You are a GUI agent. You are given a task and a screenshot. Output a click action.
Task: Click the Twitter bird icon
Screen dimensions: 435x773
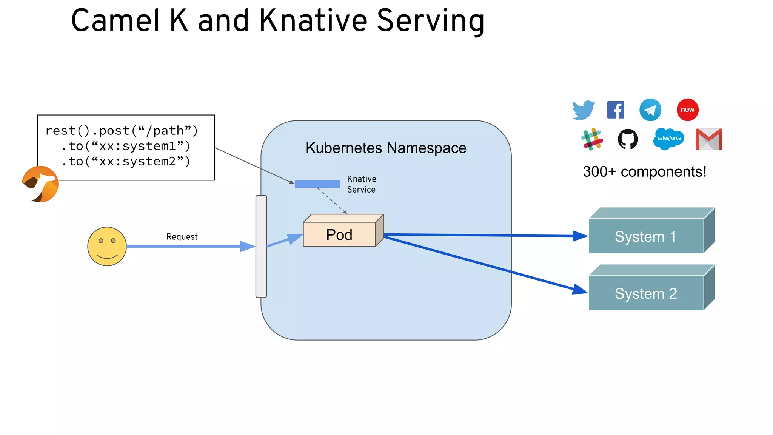pos(583,110)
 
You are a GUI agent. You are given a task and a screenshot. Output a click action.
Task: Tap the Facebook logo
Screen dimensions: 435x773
pos(616,110)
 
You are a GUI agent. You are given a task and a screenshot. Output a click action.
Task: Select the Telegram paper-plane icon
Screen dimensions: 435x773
pos(650,110)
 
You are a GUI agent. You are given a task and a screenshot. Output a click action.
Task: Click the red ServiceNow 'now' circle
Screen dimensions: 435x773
pos(687,110)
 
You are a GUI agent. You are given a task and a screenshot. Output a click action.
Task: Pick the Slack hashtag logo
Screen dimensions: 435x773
pos(592,139)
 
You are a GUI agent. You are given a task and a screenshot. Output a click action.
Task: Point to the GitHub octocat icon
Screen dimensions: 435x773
pos(628,139)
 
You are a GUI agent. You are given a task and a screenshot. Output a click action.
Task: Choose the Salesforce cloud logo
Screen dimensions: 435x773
pos(669,139)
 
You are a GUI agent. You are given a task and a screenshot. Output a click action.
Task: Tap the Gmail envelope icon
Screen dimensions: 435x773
pos(709,139)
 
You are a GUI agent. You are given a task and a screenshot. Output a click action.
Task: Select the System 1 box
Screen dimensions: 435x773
pos(646,236)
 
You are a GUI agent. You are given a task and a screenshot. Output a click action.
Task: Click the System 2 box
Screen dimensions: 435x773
pos(646,293)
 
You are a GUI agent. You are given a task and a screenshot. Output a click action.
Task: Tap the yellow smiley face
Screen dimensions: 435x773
pos(107,246)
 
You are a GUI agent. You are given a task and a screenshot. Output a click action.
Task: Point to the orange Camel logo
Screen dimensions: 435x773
pos(40,184)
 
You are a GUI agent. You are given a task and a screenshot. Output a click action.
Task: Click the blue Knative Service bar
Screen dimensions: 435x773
pos(317,184)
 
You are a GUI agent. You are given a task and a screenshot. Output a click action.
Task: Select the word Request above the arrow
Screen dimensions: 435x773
pos(182,237)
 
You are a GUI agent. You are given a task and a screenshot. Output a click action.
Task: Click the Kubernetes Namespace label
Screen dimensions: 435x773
pos(386,148)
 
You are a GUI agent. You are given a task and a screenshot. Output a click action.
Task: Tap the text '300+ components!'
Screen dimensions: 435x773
pos(644,172)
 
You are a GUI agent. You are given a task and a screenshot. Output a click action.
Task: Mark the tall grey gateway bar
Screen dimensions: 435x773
pos(261,246)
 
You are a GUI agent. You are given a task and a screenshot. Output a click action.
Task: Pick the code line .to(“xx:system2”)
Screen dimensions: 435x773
pos(126,162)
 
